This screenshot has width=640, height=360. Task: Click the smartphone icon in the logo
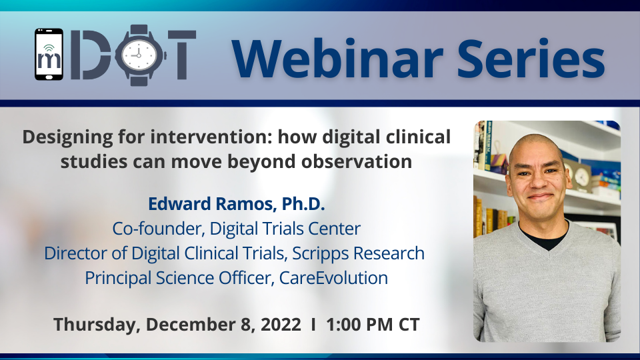click(49, 54)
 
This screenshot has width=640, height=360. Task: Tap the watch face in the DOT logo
click(139, 55)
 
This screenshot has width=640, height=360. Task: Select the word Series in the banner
click(531, 58)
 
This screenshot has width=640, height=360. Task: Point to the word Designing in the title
click(67, 137)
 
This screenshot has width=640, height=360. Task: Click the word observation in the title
click(356, 161)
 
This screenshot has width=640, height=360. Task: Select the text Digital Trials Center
click(285, 228)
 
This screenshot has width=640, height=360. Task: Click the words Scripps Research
click(359, 253)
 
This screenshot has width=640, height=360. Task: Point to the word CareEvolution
click(333, 278)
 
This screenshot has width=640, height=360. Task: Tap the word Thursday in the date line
click(97, 325)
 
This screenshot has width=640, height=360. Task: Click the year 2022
click(281, 325)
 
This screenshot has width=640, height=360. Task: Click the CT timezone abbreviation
click(409, 325)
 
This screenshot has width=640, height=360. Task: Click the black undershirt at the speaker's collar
click(543, 237)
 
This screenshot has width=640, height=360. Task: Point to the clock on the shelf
click(581, 176)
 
